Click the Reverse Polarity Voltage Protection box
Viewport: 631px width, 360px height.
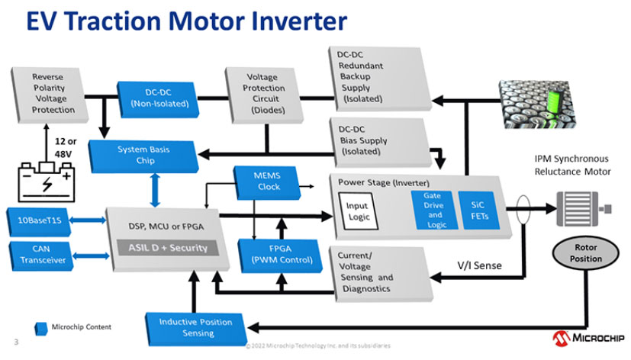pyautogui.click(x=53, y=93)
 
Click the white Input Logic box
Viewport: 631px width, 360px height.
pyautogui.click(x=357, y=211)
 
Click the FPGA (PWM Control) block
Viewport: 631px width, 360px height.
pyautogui.click(x=275, y=254)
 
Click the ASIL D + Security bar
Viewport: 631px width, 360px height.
pyautogui.click(x=167, y=248)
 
